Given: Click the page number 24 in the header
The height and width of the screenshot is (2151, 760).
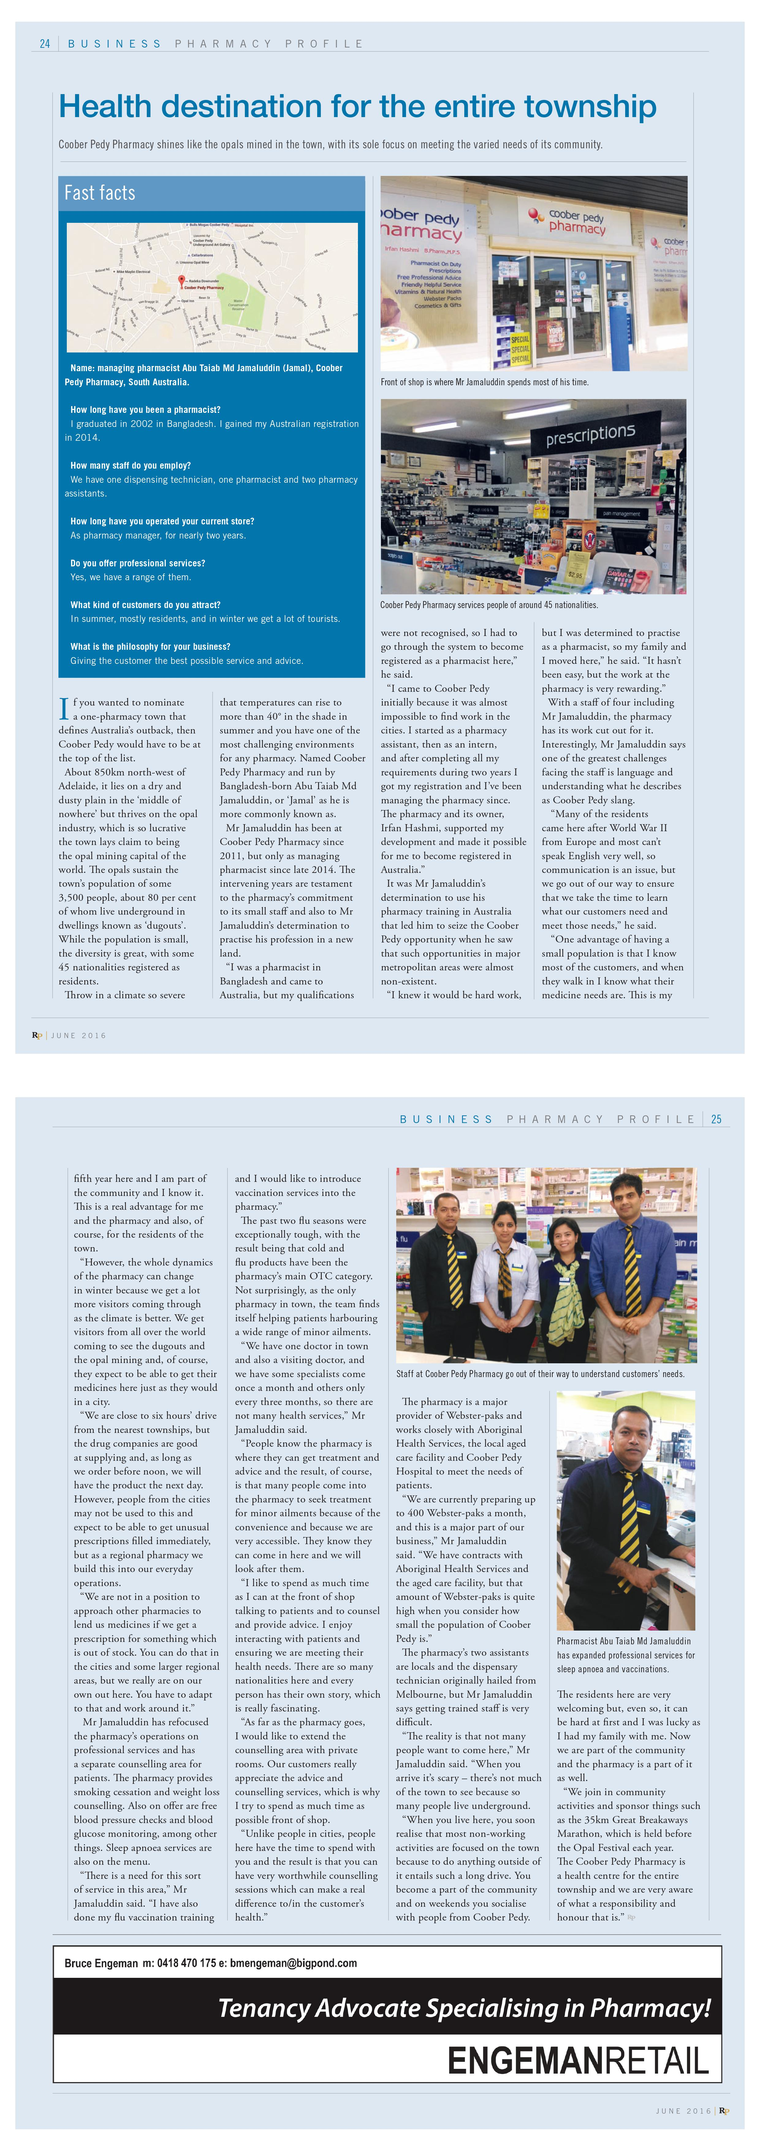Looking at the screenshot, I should pos(45,44).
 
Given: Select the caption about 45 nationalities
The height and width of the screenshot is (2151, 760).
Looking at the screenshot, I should pos(488,604).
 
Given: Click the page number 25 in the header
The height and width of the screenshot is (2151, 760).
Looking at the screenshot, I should pos(716,1119).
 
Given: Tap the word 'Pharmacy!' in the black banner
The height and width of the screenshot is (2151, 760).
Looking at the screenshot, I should pos(650,2008).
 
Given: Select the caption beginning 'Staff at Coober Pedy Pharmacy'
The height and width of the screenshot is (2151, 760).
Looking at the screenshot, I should pos(540,1374).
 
